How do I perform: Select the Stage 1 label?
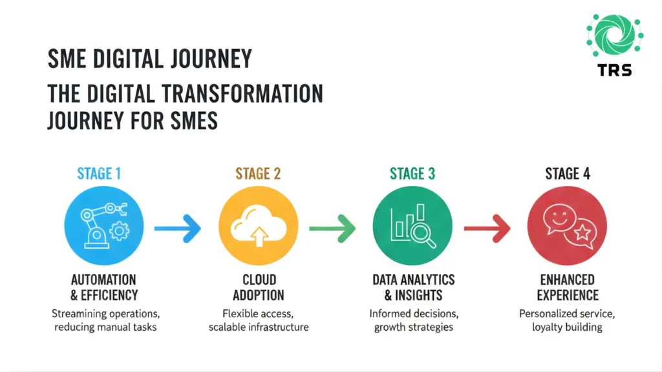coord(99,174)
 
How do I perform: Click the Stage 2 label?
coord(258,174)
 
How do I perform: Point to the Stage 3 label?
coord(412,174)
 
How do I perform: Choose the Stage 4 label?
coord(567,174)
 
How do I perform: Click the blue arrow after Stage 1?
coord(177,227)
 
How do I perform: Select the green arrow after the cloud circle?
coord(332,227)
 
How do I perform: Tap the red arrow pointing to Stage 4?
coord(487,227)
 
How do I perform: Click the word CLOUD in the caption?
coord(258,280)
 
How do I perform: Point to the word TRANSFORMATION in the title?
coord(242,93)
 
